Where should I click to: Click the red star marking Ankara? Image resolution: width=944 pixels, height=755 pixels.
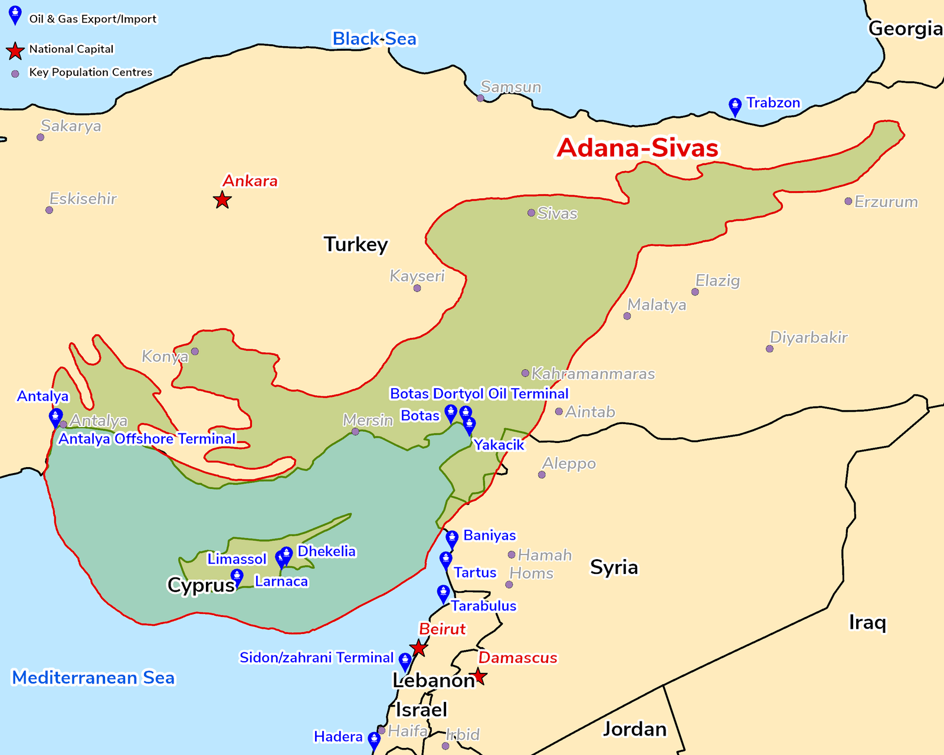(x=222, y=200)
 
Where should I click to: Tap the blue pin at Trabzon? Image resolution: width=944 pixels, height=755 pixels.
(x=735, y=106)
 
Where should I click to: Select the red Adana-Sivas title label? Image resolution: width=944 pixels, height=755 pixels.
(x=638, y=147)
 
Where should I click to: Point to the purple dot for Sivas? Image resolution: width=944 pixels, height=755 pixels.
(x=531, y=213)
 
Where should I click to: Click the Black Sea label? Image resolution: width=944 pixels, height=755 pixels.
(x=374, y=39)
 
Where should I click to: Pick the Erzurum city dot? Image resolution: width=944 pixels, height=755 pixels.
(x=848, y=202)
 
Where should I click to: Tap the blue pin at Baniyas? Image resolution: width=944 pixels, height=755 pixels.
(x=451, y=539)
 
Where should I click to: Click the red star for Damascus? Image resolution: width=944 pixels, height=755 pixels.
(x=479, y=677)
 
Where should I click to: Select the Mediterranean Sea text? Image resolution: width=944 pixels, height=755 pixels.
(x=93, y=678)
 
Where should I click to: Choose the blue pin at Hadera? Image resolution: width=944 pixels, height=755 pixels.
(x=373, y=739)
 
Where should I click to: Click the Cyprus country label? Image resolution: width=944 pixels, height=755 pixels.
(x=201, y=585)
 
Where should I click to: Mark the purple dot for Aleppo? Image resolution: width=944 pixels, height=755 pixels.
(x=542, y=475)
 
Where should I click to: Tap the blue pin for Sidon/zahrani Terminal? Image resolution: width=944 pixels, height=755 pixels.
(x=405, y=660)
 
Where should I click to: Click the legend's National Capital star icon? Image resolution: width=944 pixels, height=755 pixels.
(x=15, y=51)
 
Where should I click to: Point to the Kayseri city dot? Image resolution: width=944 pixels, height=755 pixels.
(x=417, y=288)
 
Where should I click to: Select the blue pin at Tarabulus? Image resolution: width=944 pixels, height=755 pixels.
(x=443, y=593)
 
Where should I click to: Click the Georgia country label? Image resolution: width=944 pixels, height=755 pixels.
(x=905, y=28)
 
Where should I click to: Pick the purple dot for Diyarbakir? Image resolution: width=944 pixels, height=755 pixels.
(x=769, y=349)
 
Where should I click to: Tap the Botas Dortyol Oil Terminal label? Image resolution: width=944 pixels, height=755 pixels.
(x=479, y=393)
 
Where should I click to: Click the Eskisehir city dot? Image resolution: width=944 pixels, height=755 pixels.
(x=49, y=210)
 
